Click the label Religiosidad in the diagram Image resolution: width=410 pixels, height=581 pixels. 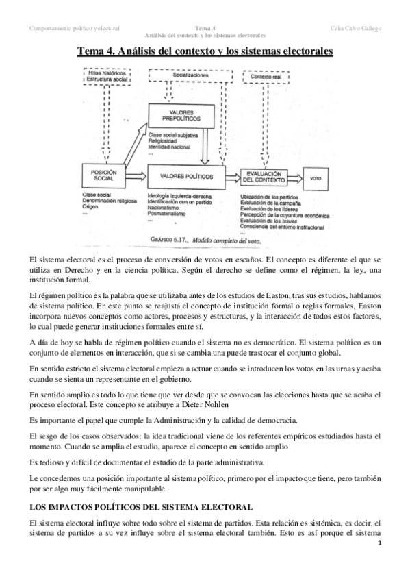coord(163,140)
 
